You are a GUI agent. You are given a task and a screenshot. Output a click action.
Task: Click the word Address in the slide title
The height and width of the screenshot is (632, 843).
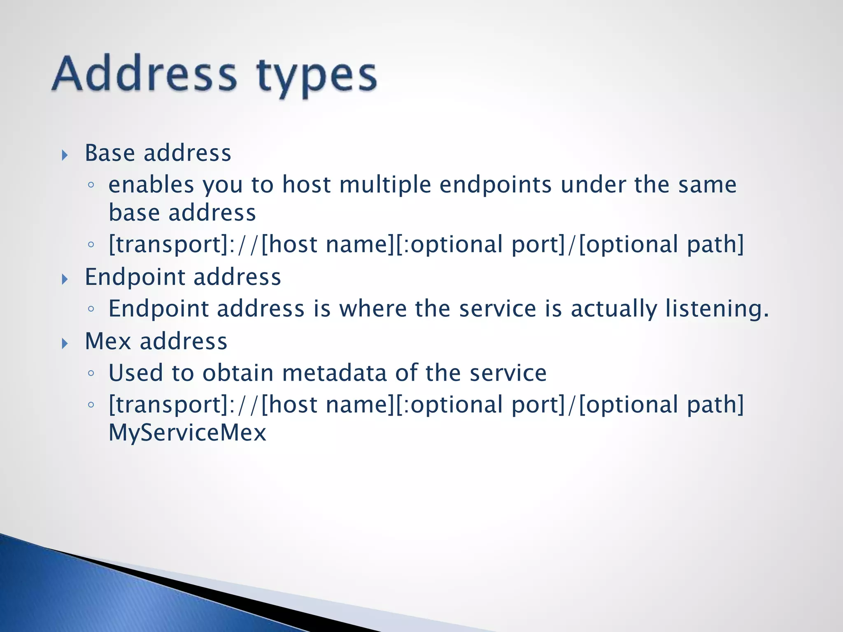click(144, 74)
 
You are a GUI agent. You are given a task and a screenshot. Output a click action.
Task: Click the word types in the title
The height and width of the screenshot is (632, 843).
click(316, 77)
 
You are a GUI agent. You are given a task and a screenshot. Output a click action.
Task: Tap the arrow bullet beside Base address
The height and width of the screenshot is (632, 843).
click(65, 155)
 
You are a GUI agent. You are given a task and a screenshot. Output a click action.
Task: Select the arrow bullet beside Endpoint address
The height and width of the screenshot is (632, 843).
click(65, 279)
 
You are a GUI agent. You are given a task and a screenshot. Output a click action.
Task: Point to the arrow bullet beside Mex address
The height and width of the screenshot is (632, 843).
click(65, 343)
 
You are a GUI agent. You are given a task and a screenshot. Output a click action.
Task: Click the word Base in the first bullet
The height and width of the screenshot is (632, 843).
click(109, 153)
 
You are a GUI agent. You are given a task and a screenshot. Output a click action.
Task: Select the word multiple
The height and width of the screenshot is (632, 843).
click(385, 185)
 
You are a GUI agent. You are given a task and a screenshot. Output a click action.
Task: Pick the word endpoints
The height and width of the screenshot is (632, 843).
click(496, 185)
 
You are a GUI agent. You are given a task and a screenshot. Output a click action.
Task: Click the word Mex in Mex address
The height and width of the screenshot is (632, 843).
click(108, 342)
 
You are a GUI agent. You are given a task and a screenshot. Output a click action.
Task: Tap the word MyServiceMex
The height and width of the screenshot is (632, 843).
click(187, 433)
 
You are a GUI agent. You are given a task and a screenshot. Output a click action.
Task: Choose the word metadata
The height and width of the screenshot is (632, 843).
click(334, 373)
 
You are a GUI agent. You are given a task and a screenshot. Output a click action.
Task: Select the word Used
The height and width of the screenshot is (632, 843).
click(135, 373)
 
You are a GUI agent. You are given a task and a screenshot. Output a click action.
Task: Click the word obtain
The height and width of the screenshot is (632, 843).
click(238, 373)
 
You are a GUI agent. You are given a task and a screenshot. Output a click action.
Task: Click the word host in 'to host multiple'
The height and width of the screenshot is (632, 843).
click(306, 185)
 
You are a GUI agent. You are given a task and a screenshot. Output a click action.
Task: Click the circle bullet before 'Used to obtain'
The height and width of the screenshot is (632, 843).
click(91, 373)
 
